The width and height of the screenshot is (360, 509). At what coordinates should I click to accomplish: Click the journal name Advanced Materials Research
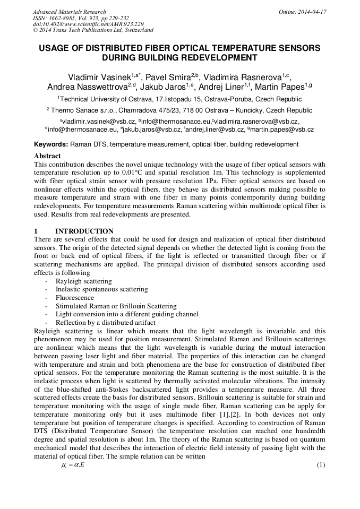click(69, 12)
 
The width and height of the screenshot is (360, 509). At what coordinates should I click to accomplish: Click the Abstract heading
click(47, 156)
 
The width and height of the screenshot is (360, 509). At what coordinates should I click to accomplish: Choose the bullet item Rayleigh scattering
click(83, 281)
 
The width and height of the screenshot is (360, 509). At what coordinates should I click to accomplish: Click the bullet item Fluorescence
click(74, 298)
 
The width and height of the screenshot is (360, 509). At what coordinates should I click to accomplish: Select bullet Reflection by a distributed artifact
click(105, 322)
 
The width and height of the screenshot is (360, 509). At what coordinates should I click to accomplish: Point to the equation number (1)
click(320, 465)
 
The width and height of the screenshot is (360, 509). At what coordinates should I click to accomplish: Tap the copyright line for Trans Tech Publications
click(93, 30)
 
